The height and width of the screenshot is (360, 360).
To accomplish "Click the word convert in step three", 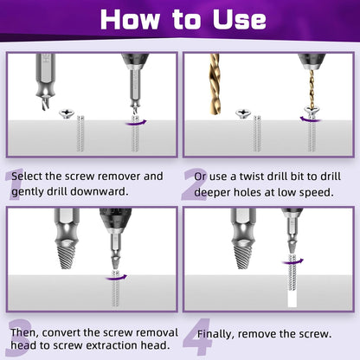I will pyautogui.click(x=81, y=331).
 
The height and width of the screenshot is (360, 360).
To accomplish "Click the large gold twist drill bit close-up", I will pyautogui.click(x=215, y=82).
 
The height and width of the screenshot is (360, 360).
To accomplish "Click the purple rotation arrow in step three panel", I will pyautogui.click(x=115, y=277).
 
